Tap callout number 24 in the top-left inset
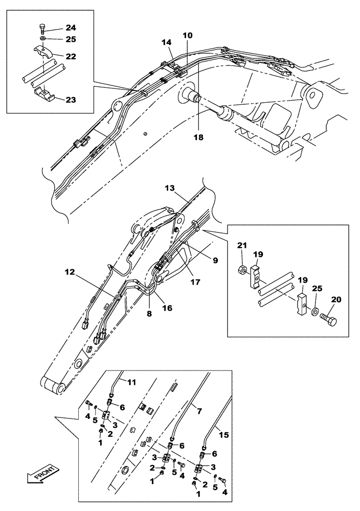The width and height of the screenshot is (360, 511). point(69,28)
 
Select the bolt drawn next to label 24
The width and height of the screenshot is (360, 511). point(42,28)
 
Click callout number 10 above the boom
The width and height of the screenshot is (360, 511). point(188,36)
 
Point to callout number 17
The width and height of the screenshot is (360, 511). point(195,281)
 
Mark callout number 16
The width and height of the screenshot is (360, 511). point(167,308)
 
